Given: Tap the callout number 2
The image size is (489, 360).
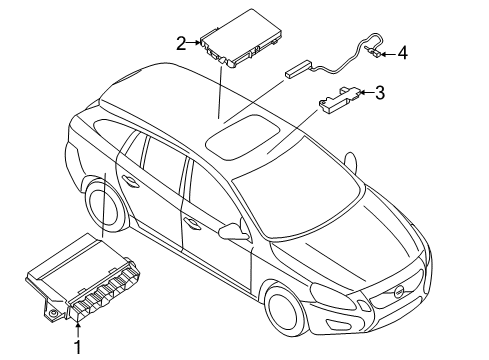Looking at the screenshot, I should (x=181, y=43).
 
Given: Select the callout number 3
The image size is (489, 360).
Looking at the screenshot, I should (x=379, y=93).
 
